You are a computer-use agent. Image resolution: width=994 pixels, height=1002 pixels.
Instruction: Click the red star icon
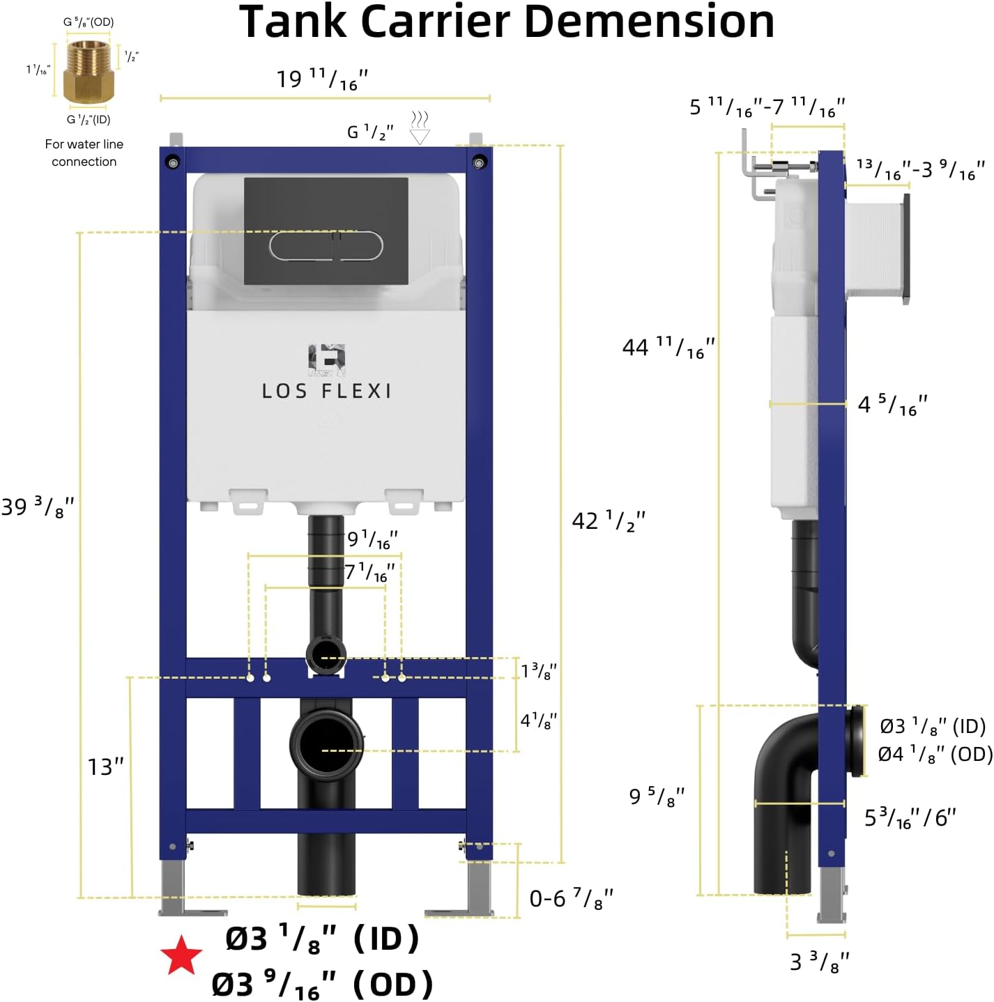[x=181, y=955]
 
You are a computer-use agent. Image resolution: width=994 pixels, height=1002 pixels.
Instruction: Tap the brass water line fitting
[x=88, y=72]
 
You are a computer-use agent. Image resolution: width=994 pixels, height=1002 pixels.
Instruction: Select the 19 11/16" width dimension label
[x=322, y=79]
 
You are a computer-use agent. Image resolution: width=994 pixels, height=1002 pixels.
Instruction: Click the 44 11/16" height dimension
[x=668, y=347]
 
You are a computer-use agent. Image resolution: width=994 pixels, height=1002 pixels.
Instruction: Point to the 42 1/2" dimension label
[x=608, y=521]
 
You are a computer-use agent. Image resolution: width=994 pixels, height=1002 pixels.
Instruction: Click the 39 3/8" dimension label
[x=38, y=507]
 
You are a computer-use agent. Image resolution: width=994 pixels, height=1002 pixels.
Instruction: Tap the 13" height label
[x=105, y=766]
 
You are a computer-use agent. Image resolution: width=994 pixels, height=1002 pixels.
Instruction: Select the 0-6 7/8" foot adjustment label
[x=571, y=898]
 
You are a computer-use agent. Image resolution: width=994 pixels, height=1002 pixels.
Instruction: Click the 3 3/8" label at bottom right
[x=819, y=962]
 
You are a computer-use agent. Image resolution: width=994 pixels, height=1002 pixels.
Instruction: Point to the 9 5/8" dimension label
[x=657, y=795]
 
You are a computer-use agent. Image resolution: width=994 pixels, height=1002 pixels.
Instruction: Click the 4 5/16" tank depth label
[x=892, y=404]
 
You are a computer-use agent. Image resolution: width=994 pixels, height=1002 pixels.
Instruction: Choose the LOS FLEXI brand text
[x=326, y=391]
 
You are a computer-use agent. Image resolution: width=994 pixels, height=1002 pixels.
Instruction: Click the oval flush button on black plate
[x=326, y=246]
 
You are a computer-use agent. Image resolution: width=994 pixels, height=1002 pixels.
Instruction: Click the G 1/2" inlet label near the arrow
[x=370, y=131]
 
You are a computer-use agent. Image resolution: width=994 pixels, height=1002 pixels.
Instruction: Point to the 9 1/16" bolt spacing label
[x=372, y=539]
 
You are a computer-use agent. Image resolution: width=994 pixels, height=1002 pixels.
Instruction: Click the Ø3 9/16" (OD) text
[x=322, y=985]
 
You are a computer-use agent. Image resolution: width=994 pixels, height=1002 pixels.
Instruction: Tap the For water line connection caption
[x=84, y=153]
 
